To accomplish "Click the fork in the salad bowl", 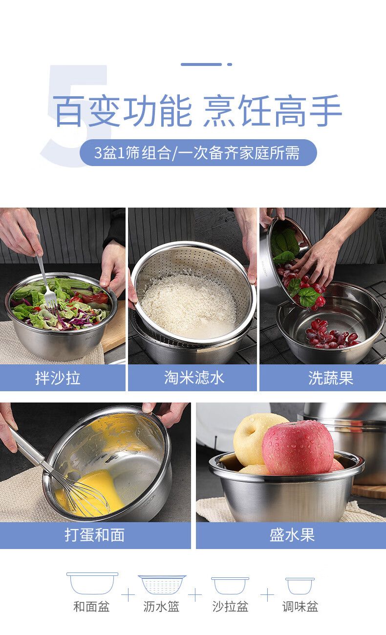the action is click(x=45, y=278).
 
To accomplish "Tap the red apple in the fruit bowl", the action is click(x=298, y=448).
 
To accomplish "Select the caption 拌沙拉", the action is click(x=58, y=378).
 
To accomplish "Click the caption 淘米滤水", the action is click(x=194, y=378).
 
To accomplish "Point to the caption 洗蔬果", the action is click(x=331, y=378).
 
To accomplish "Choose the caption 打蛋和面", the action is click(x=94, y=535).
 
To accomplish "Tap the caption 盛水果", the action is click(x=292, y=535).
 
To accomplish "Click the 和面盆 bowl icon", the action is click(x=92, y=583).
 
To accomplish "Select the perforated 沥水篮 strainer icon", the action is click(x=162, y=585).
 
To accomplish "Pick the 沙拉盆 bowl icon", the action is click(x=230, y=585).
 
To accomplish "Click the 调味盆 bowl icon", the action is click(x=300, y=586).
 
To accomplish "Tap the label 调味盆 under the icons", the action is click(x=300, y=607).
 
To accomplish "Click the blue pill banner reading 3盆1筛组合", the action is click(x=198, y=152).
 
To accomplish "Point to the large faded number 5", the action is click(x=75, y=116).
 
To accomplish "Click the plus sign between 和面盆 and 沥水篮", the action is click(x=128, y=595).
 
